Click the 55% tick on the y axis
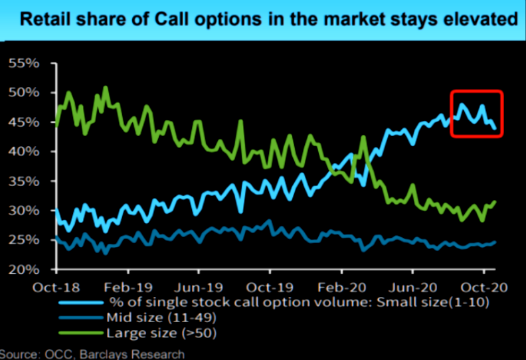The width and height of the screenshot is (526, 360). tap(25, 64)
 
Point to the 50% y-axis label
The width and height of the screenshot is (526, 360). tap(25, 92)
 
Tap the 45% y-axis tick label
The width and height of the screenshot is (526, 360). tap(25, 122)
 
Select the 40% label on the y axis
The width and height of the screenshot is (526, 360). tap(25, 152)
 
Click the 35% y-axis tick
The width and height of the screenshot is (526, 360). tap(25, 181)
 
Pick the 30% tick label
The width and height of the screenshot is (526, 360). tap(25, 211)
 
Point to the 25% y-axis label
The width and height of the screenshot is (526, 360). tap(25, 240)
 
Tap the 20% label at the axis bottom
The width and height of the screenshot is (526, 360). tap(25, 270)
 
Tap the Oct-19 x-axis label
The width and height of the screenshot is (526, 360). tap(270, 288)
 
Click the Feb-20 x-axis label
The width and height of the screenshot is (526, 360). tap(341, 288)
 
